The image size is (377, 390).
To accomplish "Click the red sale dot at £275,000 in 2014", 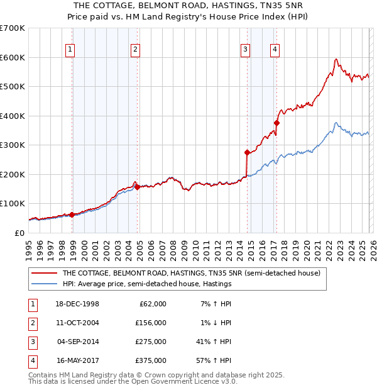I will click(x=247, y=152).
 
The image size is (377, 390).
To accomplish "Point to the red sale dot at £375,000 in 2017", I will click(x=277, y=123).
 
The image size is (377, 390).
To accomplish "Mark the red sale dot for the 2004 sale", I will click(x=138, y=187).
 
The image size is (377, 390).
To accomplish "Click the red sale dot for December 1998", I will click(x=72, y=214).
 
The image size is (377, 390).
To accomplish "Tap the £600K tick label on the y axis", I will click(x=13, y=57).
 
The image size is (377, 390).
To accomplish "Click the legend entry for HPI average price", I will click(x=146, y=284).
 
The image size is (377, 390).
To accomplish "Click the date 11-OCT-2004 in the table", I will click(x=78, y=323).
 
